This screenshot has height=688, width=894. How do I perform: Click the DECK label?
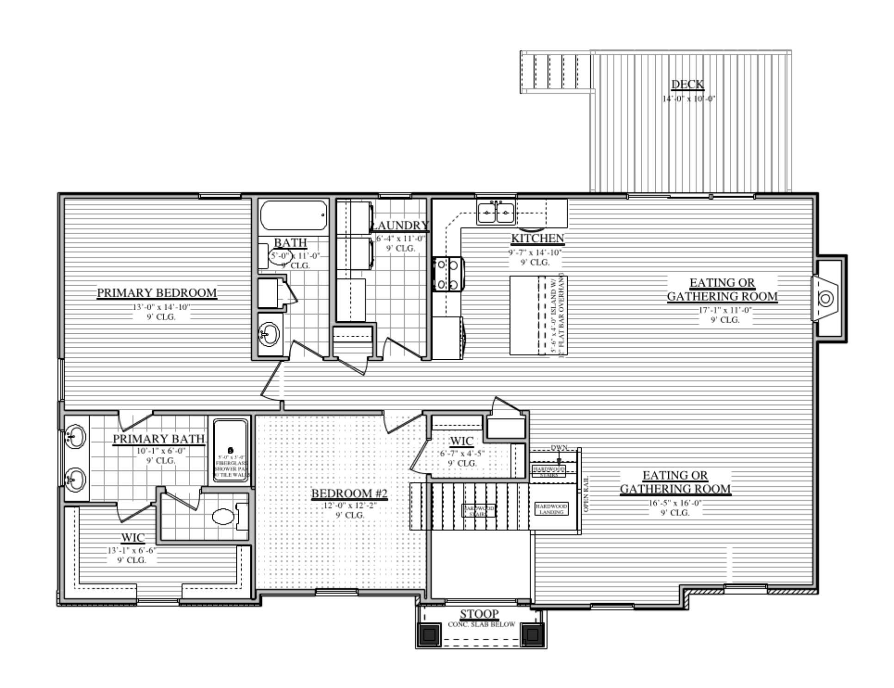[x=687, y=85]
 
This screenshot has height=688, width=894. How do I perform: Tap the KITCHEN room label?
[x=537, y=239]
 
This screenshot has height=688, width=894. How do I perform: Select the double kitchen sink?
[x=496, y=213]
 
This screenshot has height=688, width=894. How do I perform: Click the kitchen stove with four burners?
[x=447, y=274]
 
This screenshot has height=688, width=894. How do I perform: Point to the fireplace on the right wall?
[x=826, y=299]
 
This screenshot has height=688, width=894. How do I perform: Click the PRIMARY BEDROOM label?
[x=157, y=293]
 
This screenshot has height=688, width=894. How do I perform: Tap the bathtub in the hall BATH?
[x=292, y=215]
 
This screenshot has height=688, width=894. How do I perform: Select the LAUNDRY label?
[x=401, y=225]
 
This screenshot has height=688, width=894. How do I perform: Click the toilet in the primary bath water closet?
[x=223, y=517]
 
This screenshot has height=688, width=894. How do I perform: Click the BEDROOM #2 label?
[x=349, y=494]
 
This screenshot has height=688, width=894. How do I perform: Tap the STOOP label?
[x=479, y=614]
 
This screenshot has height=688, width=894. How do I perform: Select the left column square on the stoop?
[x=429, y=634]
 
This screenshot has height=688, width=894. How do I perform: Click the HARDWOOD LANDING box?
[x=551, y=509]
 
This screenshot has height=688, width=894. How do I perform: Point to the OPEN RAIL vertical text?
[x=586, y=494]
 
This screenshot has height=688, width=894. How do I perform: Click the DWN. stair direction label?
[x=559, y=448]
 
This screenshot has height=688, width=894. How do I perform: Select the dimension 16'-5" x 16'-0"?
[x=675, y=503]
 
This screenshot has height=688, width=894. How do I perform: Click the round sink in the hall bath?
[x=269, y=333]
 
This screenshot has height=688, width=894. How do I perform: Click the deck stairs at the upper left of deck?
[x=556, y=72]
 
